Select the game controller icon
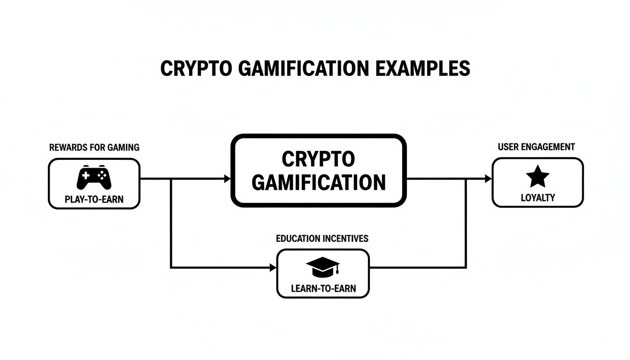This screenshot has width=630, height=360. (x=94, y=177)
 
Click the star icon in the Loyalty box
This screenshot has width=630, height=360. (x=537, y=177)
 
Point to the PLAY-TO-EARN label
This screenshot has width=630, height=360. (x=94, y=200)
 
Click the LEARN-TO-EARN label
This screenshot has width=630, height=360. (x=323, y=288)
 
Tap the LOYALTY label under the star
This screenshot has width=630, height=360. (x=538, y=198)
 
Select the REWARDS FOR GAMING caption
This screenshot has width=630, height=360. (x=94, y=147)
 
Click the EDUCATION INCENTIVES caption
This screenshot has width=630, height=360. (x=322, y=239)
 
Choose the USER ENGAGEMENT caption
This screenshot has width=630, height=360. (x=536, y=147)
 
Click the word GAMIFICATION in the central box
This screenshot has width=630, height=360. (x=319, y=182)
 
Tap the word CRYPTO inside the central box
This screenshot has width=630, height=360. (x=319, y=159)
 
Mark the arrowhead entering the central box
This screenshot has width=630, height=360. (x=228, y=179)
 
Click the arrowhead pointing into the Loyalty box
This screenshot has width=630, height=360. (x=488, y=179)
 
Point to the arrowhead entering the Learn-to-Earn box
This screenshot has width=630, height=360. (x=273, y=268)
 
